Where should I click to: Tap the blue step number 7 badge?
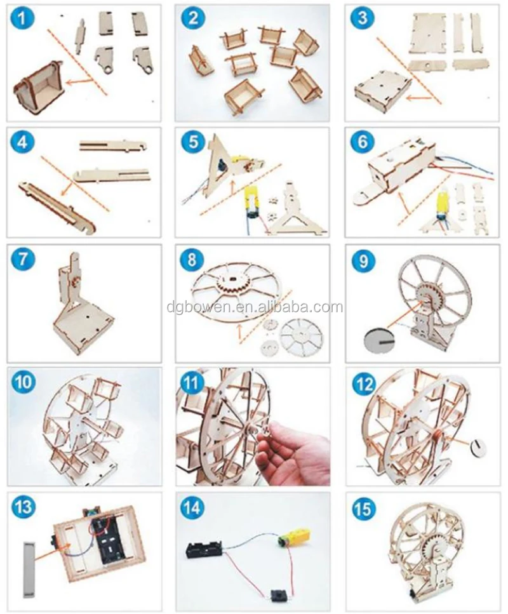click(x=23, y=259)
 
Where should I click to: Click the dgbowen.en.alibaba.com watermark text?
click(x=255, y=307)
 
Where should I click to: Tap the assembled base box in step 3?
click(x=382, y=89)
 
